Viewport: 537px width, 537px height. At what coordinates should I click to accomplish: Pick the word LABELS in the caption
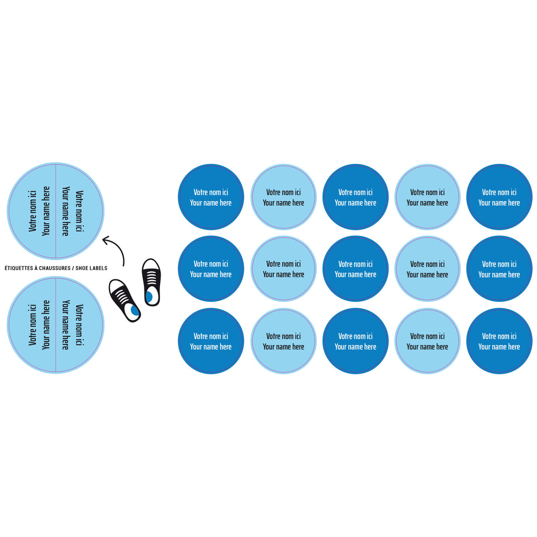99,268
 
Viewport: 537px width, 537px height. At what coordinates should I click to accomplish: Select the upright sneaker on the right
151,282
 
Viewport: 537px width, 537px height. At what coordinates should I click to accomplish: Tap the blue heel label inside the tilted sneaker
135,311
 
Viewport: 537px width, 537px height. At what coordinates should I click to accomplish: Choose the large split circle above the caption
56,211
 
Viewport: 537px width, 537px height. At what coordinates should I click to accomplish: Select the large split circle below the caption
56,325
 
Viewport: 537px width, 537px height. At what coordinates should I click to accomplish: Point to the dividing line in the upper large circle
56,211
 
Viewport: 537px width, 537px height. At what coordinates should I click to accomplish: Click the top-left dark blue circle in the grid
211,197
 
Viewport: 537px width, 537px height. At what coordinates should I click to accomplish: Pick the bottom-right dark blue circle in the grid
499,341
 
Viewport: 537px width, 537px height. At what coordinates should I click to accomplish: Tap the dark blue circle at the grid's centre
355,269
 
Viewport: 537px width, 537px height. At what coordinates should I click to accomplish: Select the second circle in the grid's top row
284,197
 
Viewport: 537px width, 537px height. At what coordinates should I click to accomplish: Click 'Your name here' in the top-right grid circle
499,203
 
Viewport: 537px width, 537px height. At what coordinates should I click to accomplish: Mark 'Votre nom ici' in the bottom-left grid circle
211,336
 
